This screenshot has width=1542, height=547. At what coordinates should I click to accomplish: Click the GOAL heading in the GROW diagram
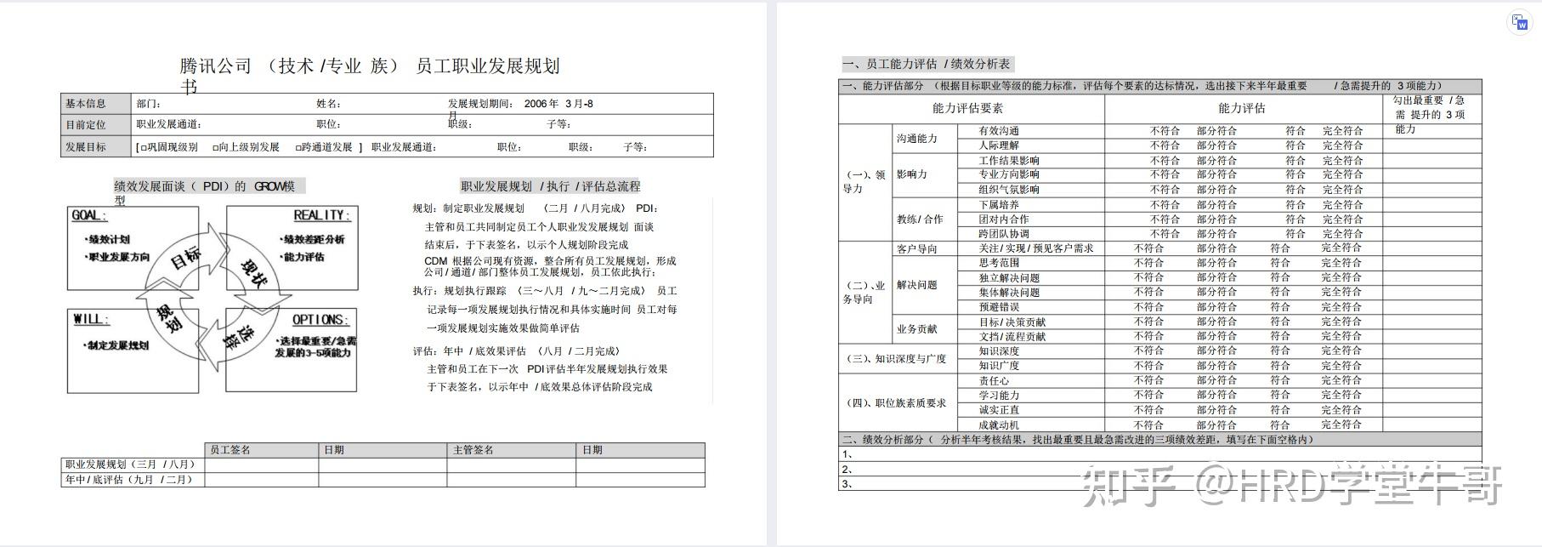[88, 216]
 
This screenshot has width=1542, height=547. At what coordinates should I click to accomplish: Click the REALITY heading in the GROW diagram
[320, 216]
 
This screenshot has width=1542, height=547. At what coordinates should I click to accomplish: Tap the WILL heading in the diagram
[90, 320]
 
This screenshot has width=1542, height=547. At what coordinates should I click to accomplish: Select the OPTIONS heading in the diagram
[320, 320]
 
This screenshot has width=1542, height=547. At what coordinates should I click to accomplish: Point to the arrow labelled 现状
[254, 274]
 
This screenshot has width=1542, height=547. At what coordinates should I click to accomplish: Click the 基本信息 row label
[86, 104]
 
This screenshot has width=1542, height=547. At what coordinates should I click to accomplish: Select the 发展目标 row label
[86, 147]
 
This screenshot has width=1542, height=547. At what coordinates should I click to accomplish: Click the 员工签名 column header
[230, 450]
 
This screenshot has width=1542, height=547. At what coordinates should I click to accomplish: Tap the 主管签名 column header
[473, 450]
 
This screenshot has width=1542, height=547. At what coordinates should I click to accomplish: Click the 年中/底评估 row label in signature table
[129, 480]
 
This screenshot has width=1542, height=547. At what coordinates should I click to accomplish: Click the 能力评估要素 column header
[967, 108]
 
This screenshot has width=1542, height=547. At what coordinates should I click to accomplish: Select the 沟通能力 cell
[917, 139]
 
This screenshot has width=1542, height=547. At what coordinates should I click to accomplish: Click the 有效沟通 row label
[999, 131]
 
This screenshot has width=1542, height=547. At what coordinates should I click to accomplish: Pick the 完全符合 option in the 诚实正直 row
[1341, 410]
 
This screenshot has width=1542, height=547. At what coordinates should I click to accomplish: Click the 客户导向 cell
[917, 249]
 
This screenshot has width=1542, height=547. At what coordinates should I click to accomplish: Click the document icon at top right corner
[1521, 23]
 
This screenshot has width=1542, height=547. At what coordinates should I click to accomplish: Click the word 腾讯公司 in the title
[216, 66]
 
